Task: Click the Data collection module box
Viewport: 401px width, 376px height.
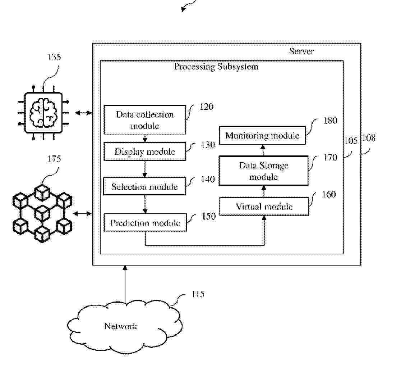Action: click(x=145, y=120)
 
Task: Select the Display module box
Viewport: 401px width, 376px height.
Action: click(x=145, y=151)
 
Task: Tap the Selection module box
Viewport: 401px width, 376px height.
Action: click(x=145, y=187)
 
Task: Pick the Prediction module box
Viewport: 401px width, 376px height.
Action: click(x=145, y=223)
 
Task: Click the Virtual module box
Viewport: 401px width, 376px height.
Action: click(x=264, y=207)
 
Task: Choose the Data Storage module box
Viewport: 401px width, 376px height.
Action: click(x=264, y=171)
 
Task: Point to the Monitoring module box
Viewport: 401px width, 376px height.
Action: click(x=262, y=136)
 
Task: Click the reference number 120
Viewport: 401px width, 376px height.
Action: click(x=206, y=107)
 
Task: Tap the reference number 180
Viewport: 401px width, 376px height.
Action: click(x=330, y=121)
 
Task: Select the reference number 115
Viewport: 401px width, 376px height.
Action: click(x=198, y=294)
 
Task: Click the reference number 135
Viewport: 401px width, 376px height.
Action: click(x=54, y=57)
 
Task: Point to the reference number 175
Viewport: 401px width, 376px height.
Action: click(x=54, y=159)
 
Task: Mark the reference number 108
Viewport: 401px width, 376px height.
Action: click(x=369, y=138)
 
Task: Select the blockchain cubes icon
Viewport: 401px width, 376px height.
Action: click(x=42, y=213)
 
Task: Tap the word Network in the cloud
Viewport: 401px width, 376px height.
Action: click(x=121, y=326)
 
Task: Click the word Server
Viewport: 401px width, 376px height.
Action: click(x=301, y=51)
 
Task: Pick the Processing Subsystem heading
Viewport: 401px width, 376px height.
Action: click(x=216, y=67)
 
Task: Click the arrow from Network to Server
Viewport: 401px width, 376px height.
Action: click(x=125, y=284)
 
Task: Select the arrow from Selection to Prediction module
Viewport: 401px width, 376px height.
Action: click(x=145, y=205)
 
